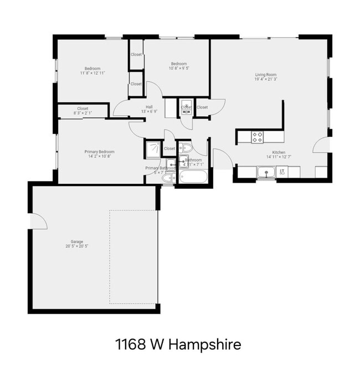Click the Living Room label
(x=266, y=75)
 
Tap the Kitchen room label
(x=279, y=152)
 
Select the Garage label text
(x=76, y=241)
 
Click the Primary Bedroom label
(x=100, y=151)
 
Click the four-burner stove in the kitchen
(x=258, y=136)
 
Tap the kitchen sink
(x=266, y=172)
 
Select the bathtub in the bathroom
(x=193, y=178)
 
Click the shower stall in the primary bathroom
(x=152, y=148)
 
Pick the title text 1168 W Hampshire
(x=178, y=344)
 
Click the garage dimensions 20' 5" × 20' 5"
(x=76, y=246)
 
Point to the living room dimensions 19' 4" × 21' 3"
(x=266, y=79)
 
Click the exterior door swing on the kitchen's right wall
(x=321, y=145)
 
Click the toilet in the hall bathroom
(x=186, y=148)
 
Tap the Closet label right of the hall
(x=202, y=107)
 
